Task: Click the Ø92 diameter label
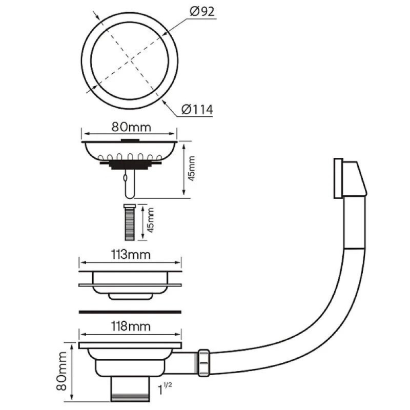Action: pos(202,11)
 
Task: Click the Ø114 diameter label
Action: pos(197,110)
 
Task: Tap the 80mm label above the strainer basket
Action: pos(131,127)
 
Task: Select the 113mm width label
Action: pos(131,254)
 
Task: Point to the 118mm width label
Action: pos(131,326)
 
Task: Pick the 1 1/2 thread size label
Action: pos(165,388)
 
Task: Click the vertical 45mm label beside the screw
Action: pos(150,220)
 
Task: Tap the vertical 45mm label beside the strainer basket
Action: pos(191,168)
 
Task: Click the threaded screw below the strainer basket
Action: pos(130,222)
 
